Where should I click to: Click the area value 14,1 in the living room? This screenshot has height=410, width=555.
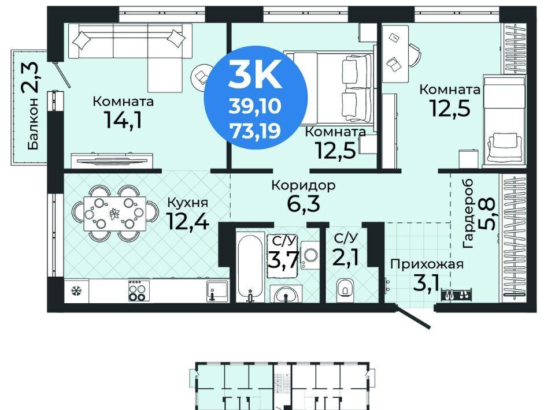pyautogui.click(x=123, y=120)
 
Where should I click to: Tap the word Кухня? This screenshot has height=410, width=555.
pyautogui.click(x=187, y=203)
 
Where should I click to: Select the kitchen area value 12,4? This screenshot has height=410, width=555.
pyautogui.click(x=187, y=221)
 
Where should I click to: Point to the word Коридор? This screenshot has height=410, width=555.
pyautogui.click(x=304, y=185)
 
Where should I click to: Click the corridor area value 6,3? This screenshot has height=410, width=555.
pyautogui.click(x=304, y=204)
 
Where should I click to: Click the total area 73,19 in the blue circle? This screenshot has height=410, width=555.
pyautogui.click(x=255, y=131)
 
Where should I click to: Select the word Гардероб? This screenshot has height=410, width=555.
pyautogui.click(x=468, y=214)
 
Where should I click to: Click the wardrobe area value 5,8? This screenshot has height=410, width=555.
pyautogui.click(x=487, y=214)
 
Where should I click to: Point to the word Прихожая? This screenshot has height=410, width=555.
pyautogui.click(x=427, y=264)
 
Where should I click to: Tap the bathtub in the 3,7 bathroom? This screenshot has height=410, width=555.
pyautogui.click(x=250, y=267)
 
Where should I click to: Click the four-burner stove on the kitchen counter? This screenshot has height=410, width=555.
pyautogui.click(x=138, y=290)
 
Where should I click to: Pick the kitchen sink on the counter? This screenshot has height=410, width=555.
pyautogui.click(x=217, y=291)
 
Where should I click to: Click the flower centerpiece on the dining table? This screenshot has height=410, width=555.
pyautogui.click(x=114, y=214)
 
